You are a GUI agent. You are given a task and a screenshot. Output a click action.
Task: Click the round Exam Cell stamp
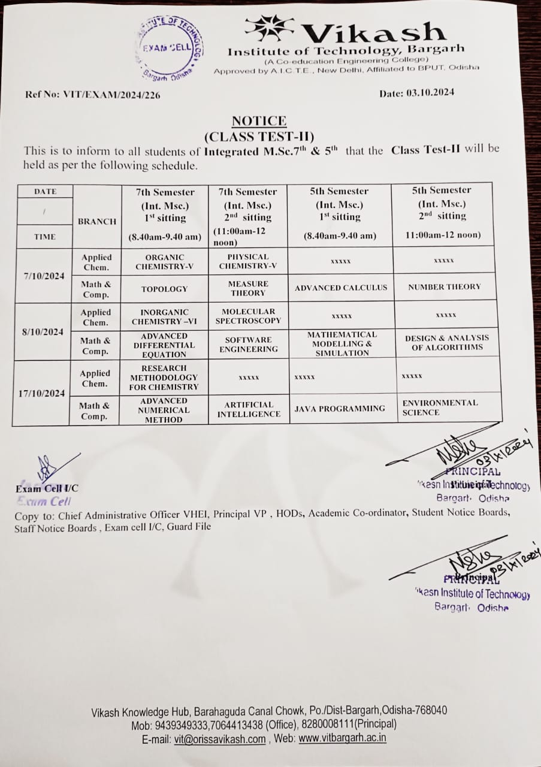[x=168, y=47]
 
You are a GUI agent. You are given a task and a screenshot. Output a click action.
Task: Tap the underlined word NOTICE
[x=259, y=120]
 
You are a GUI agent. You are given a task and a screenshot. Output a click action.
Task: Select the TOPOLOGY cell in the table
[x=164, y=289]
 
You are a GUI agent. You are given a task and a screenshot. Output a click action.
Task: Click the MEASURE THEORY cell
[x=248, y=288]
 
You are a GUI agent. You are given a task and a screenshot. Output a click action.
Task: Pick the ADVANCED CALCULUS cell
[x=341, y=288]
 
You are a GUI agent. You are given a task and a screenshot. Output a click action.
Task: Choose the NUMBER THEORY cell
[x=444, y=287]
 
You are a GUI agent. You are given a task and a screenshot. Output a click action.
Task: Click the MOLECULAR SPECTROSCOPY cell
[x=248, y=316]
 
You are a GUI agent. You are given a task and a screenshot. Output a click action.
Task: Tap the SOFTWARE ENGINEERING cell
[x=248, y=345]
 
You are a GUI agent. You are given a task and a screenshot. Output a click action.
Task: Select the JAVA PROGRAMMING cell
[x=340, y=409]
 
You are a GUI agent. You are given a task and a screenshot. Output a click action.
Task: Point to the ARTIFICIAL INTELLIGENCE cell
[x=249, y=409]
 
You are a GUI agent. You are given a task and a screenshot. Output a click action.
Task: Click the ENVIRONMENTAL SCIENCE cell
[x=440, y=407]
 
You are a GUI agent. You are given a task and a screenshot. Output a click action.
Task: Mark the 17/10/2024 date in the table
[x=41, y=394]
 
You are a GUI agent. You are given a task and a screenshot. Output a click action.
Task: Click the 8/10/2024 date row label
[x=42, y=332]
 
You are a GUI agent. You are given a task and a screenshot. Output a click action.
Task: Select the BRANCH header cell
[x=97, y=221]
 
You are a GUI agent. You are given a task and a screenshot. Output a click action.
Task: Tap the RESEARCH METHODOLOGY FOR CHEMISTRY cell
[x=164, y=378]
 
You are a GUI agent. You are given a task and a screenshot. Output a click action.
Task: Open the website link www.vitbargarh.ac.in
[x=342, y=738]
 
